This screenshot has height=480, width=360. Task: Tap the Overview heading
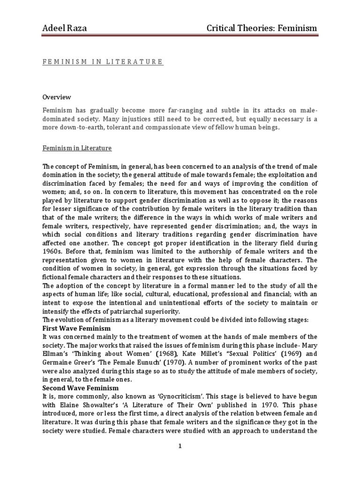pos(57,97)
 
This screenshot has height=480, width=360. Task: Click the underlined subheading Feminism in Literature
pos(77,148)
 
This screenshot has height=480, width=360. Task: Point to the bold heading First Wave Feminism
pos(76,328)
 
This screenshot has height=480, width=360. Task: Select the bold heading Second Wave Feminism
pos(80,389)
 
